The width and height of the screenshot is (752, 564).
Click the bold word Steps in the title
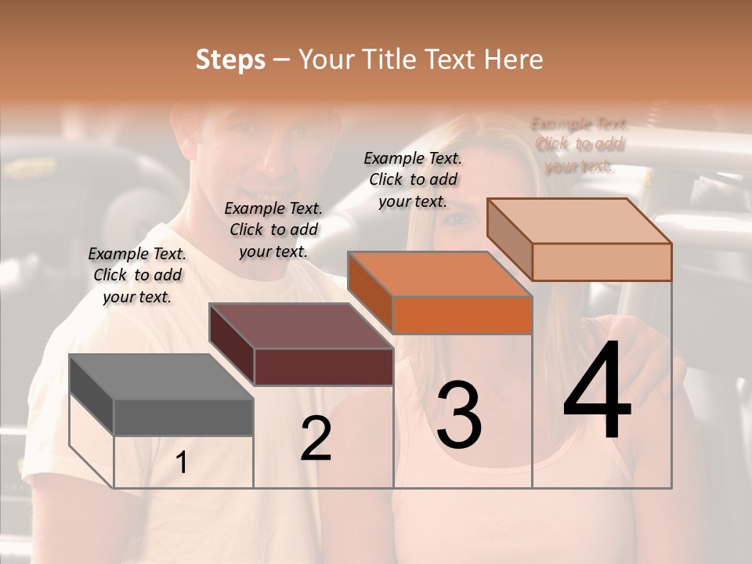tap(230, 60)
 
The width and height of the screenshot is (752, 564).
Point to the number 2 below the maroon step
tap(316, 439)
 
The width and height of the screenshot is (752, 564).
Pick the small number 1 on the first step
tap(182, 463)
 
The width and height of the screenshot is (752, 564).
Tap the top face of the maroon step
tap(300, 326)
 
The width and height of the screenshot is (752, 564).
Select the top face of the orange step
tap(439, 274)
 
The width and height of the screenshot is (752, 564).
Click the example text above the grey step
tap(137, 275)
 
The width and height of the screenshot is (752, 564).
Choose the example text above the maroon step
tap(273, 230)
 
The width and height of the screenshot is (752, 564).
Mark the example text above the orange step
tap(413, 179)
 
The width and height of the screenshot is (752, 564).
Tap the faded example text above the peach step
tap(579, 144)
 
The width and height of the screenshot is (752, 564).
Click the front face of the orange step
tap(462, 316)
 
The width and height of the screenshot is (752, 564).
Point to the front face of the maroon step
tap(324, 367)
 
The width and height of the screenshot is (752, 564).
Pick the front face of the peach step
tap(602, 262)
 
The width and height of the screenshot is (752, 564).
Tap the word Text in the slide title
tap(452, 60)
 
